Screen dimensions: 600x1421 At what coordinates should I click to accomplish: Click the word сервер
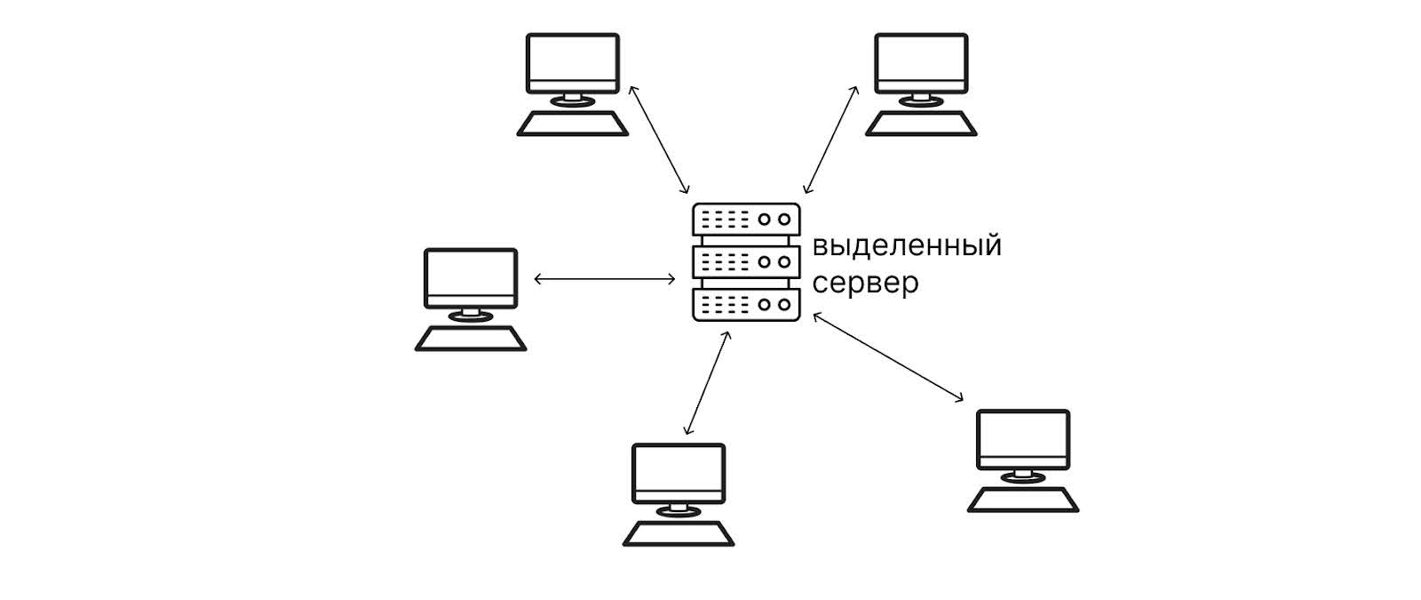click(x=865, y=284)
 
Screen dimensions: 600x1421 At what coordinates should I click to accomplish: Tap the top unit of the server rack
click(x=746, y=219)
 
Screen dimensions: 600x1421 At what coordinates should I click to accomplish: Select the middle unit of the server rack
click(x=746, y=261)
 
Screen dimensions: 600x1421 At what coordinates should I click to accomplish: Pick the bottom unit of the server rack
click(x=746, y=304)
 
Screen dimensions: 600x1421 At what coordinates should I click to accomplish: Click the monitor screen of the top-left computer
click(x=572, y=60)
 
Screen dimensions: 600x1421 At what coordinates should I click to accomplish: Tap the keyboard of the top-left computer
click(x=572, y=124)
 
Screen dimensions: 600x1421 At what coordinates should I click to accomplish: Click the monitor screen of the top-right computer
click(x=921, y=60)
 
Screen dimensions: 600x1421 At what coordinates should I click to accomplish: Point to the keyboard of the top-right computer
click(x=921, y=124)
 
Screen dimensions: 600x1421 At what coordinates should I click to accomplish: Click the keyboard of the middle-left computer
click(x=471, y=339)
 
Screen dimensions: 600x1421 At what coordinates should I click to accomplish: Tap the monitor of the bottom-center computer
click(x=679, y=470)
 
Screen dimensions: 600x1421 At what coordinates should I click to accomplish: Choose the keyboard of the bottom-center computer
click(x=679, y=533)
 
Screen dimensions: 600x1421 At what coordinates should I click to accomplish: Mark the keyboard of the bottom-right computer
click(x=1023, y=500)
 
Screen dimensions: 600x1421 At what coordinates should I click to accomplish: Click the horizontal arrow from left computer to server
click(x=605, y=279)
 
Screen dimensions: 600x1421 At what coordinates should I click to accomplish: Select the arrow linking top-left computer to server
click(x=658, y=140)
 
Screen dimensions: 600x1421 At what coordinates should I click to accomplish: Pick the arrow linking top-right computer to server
click(x=830, y=140)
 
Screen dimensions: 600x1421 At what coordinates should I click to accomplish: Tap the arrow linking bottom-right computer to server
click(x=888, y=356)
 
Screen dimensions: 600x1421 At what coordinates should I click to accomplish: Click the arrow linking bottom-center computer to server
click(x=707, y=383)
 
